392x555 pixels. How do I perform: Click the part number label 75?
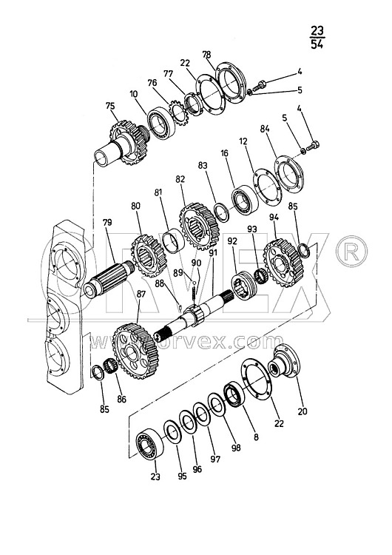tap(110, 106)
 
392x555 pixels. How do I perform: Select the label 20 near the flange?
tap(303, 411)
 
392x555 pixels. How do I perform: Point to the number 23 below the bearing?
tap(155, 477)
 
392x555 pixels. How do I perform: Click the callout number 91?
tap(213, 253)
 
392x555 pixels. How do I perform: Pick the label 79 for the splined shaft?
tap(107, 222)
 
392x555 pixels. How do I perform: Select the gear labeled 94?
tap(284, 263)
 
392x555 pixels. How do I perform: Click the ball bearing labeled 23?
tap(149, 444)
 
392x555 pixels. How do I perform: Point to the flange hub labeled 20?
tap(284, 360)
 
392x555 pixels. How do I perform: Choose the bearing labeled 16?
tap(245, 199)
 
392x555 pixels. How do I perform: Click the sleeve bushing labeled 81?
tap(173, 241)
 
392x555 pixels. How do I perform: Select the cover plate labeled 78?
tap(229, 82)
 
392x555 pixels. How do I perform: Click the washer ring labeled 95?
tap(173, 431)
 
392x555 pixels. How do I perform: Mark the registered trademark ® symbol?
tap(351, 252)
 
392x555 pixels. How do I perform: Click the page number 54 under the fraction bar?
tap(317, 44)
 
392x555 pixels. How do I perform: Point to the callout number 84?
tap(265, 129)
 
